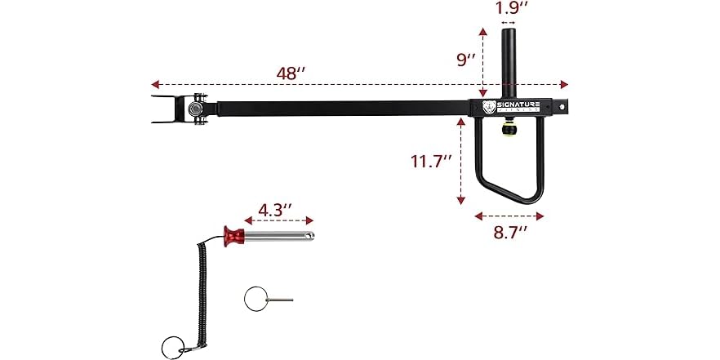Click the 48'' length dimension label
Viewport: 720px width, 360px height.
290,72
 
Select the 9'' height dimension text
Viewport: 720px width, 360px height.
467,60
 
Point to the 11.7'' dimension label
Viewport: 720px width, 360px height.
431,161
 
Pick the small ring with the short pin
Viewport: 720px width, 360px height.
255,299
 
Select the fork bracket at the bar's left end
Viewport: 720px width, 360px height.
167,109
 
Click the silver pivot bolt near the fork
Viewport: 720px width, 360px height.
197,109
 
